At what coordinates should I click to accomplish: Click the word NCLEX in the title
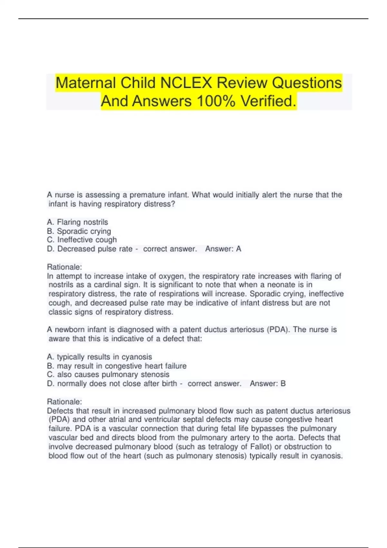(186, 83)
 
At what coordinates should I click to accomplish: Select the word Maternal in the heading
(86, 83)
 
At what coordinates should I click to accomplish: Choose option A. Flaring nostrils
(77, 222)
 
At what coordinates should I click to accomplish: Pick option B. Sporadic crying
(79, 231)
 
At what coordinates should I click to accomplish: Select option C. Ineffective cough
(82, 240)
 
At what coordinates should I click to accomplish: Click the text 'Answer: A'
(223, 249)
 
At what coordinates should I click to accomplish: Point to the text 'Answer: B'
(268, 384)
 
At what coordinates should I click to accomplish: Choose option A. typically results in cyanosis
(99, 357)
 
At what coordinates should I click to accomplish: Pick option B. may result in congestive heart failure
(117, 366)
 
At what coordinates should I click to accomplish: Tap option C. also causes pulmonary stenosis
(108, 375)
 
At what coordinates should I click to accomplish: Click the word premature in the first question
(147, 195)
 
